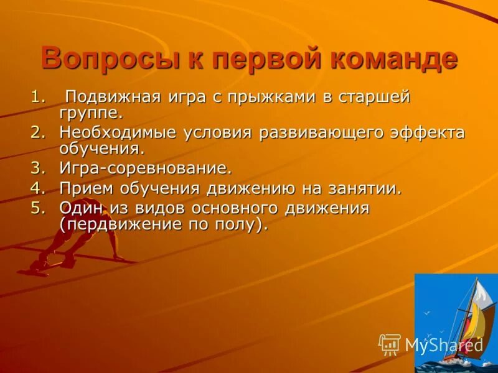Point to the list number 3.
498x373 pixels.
(x=38, y=168)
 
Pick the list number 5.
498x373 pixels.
(x=38, y=208)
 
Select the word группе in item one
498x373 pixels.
(x=91, y=114)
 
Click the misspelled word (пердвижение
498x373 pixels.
(x=130, y=224)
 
